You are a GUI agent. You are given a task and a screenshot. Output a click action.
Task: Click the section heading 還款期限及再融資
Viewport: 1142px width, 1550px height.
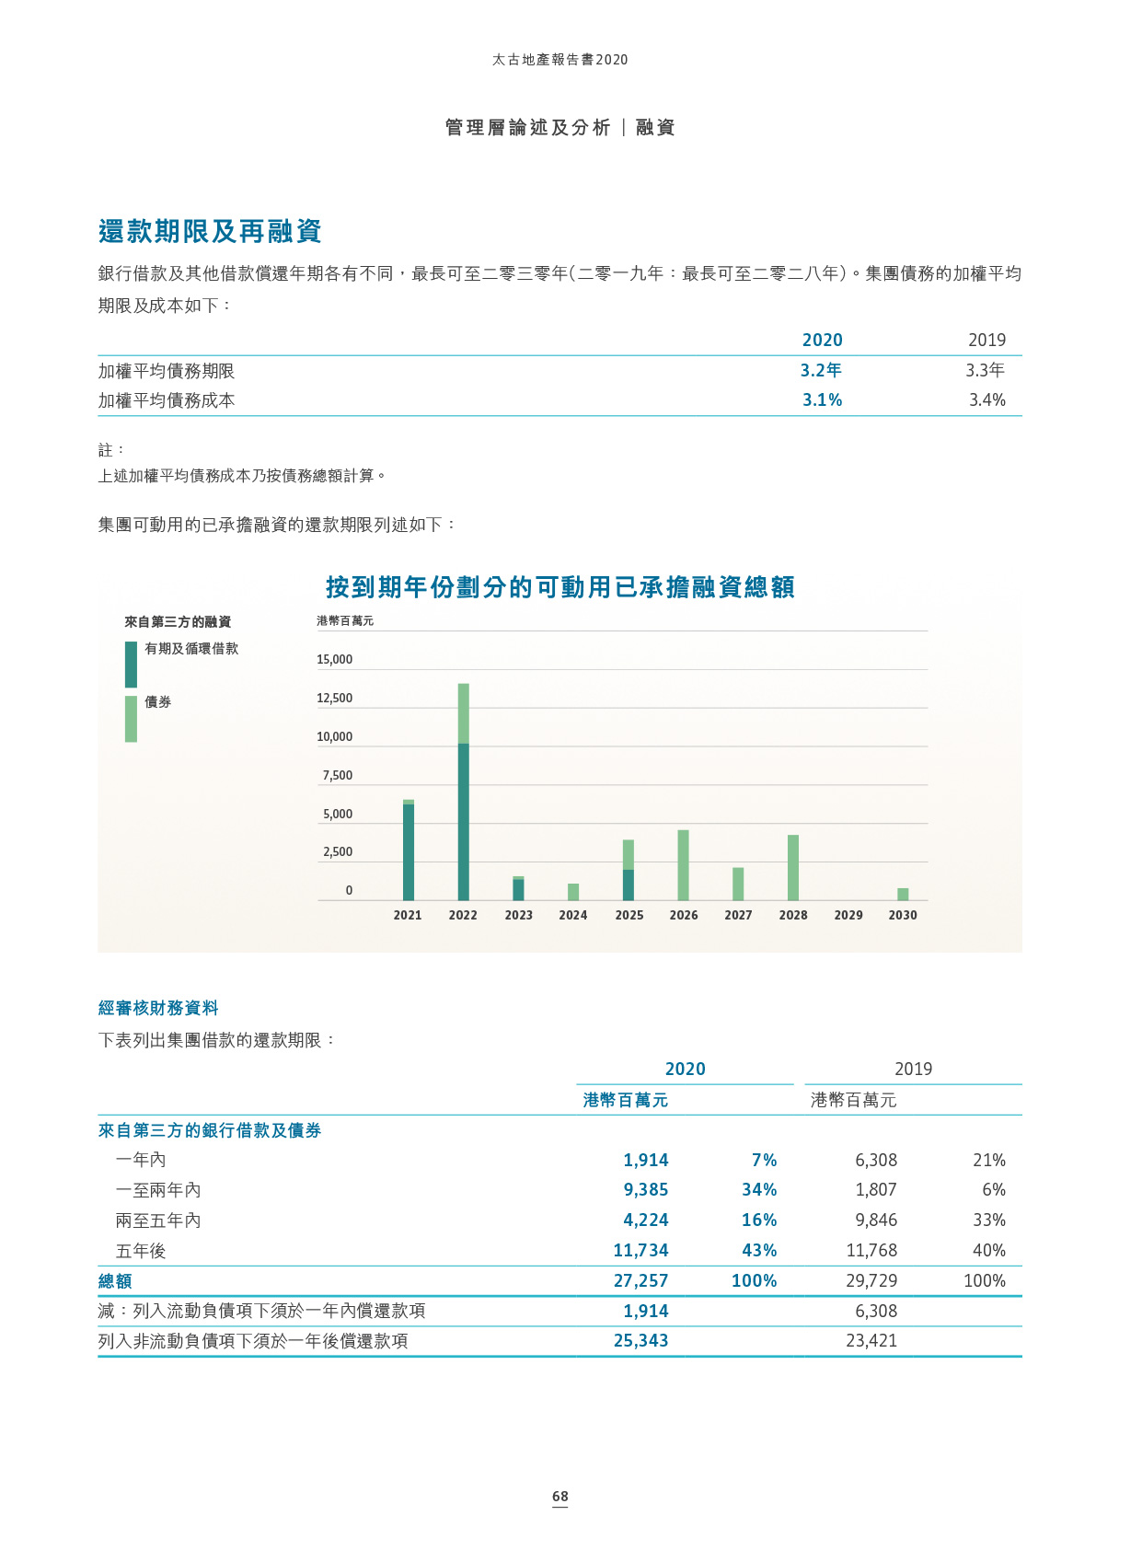pyautogui.click(x=210, y=231)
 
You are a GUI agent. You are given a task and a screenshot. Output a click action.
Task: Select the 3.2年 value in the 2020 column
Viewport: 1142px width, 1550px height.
pyautogui.click(x=821, y=370)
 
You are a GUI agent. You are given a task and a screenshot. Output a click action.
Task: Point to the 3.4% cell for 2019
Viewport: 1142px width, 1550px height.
pyautogui.click(x=986, y=400)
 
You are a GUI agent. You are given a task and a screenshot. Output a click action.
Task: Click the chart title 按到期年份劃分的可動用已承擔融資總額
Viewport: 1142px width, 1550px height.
pyautogui.click(x=559, y=587)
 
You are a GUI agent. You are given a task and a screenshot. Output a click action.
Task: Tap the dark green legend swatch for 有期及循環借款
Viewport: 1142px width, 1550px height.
pyautogui.click(x=132, y=664)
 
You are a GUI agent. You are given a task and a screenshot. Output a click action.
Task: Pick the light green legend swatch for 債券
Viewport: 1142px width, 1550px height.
pyautogui.click(x=132, y=718)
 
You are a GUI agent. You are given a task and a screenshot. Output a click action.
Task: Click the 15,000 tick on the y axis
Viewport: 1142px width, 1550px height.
pyautogui.click(x=334, y=660)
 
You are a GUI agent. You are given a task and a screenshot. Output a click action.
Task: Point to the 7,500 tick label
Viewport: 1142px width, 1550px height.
pyautogui.click(x=337, y=776)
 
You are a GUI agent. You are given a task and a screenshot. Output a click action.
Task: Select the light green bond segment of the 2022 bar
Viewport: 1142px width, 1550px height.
pyautogui.click(x=464, y=713)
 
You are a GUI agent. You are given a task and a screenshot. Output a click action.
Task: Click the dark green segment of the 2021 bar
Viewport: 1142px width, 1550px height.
pyautogui.click(x=409, y=851)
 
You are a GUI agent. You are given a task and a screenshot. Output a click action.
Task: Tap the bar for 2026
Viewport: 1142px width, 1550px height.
pyautogui.click(x=683, y=865)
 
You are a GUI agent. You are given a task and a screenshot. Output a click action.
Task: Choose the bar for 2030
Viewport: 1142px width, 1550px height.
pyautogui.click(x=903, y=894)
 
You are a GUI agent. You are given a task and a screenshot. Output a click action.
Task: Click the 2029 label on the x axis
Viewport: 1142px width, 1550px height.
pyautogui.click(x=848, y=915)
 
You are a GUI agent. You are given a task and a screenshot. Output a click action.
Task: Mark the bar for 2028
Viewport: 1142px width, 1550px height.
pyautogui.click(x=793, y=867)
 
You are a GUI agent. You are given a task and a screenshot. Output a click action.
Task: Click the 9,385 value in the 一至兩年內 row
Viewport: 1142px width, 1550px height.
pyautogui.click(x=646, y=1190)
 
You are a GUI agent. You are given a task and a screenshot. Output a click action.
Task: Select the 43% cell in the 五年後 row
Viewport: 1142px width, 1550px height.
pyautogui.click(x=759, y=1251)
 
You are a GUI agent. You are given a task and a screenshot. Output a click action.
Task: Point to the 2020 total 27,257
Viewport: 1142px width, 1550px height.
pyautogui.click(x=640, y=1281)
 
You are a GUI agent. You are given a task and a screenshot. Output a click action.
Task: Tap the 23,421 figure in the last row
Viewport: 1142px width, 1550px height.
pyautogui.click(x=871, y=1341)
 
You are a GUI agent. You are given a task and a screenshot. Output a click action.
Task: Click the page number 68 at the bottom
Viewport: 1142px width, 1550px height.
pyautogui.click(x=560, y=1497)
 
